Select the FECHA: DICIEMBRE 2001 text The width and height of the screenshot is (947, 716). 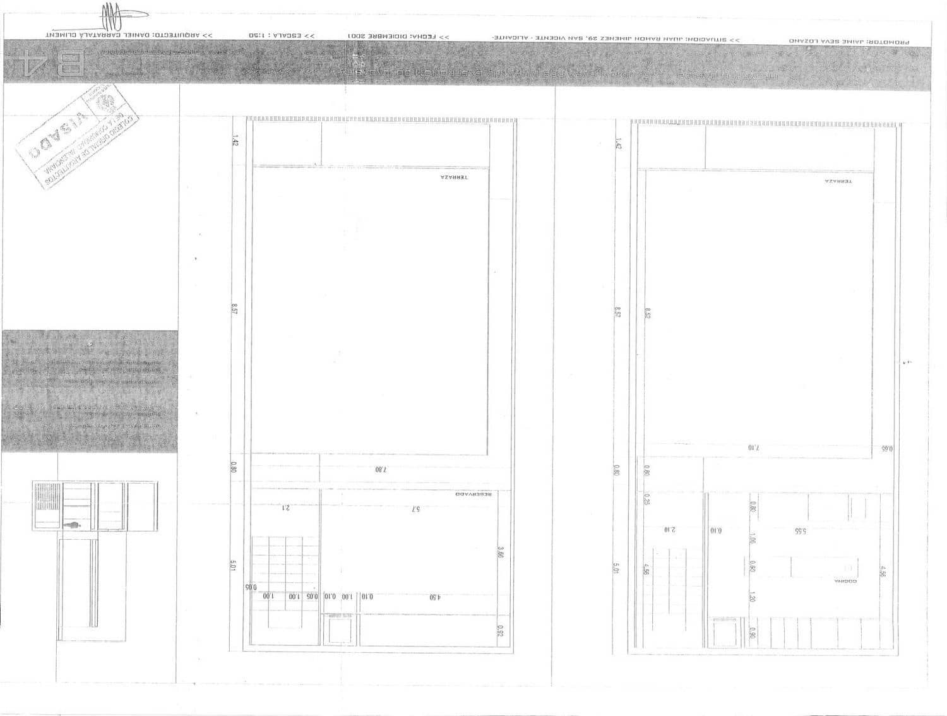398,37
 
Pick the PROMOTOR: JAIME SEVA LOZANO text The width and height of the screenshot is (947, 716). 849,41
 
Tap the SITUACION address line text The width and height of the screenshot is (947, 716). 616,39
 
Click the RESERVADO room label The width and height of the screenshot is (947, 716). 478,494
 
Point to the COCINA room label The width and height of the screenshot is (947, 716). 845,580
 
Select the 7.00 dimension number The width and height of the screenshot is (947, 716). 380,469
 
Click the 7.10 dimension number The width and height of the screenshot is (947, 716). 754,448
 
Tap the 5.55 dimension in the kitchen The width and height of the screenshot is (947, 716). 800,531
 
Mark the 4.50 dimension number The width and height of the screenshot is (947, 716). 434,597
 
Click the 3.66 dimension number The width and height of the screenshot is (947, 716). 500,553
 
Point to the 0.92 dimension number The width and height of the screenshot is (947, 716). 500,631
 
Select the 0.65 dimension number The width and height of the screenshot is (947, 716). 887,449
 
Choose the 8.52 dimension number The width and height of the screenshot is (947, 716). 647,313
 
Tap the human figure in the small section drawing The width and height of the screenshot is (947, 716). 75,525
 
